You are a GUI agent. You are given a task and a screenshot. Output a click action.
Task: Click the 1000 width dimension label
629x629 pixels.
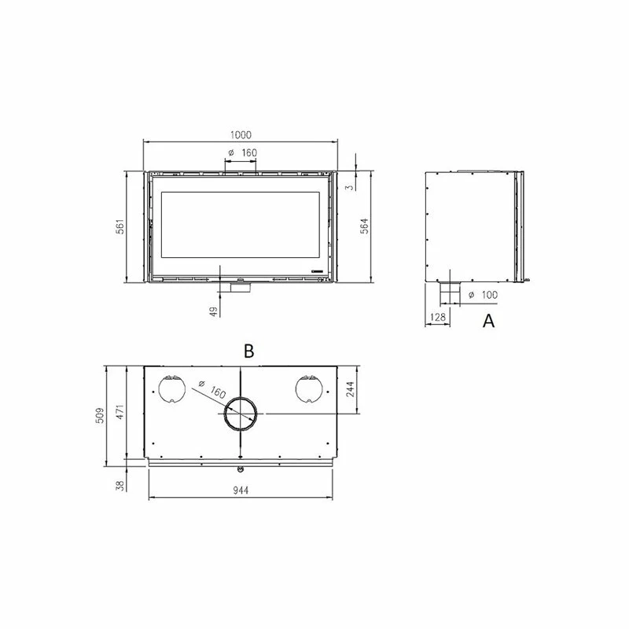point(241,134)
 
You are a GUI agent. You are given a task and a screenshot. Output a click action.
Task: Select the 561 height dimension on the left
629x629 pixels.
point(120,226)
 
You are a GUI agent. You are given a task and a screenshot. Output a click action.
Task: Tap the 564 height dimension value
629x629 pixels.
point(363,226)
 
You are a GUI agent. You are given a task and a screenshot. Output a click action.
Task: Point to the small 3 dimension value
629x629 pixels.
point(351,187)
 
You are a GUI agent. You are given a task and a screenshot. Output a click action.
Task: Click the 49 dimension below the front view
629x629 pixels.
point(214,311)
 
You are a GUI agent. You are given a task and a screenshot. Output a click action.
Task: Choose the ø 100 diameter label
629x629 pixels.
point(484,295)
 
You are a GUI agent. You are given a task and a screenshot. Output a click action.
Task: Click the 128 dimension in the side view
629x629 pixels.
point(438,318)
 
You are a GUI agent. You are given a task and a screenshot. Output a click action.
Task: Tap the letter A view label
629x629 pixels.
point(488,321)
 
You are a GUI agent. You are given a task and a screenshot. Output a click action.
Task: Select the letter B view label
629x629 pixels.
point(248,351)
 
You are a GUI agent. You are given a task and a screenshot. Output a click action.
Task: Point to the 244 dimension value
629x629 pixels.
point(350,389)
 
